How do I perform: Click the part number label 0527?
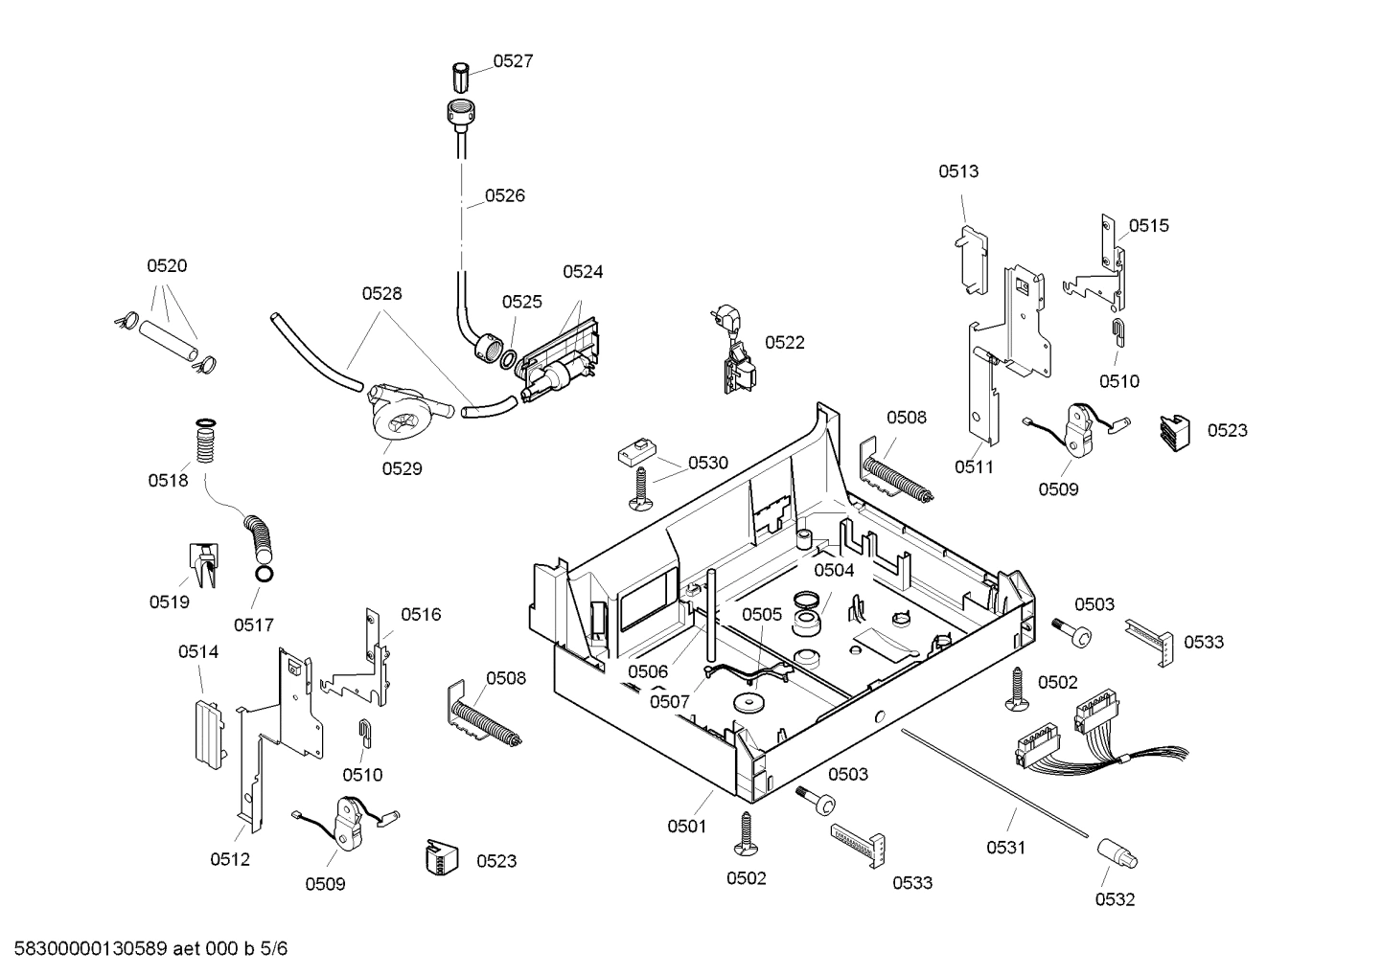513,61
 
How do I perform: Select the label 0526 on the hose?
504,195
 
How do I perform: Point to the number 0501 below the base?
686,826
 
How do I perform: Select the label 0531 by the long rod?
1006,847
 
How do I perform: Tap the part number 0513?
958,171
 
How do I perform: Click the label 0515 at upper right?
1148,226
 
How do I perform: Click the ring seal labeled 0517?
263,575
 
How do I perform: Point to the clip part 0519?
202,564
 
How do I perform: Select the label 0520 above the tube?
167,266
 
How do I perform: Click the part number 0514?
198,652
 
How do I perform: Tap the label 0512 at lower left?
230,859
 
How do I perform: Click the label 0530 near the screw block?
708,463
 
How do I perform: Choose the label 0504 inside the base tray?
834,570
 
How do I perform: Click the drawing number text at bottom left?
145,949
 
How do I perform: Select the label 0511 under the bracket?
974,466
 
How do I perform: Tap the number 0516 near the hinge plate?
421,614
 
